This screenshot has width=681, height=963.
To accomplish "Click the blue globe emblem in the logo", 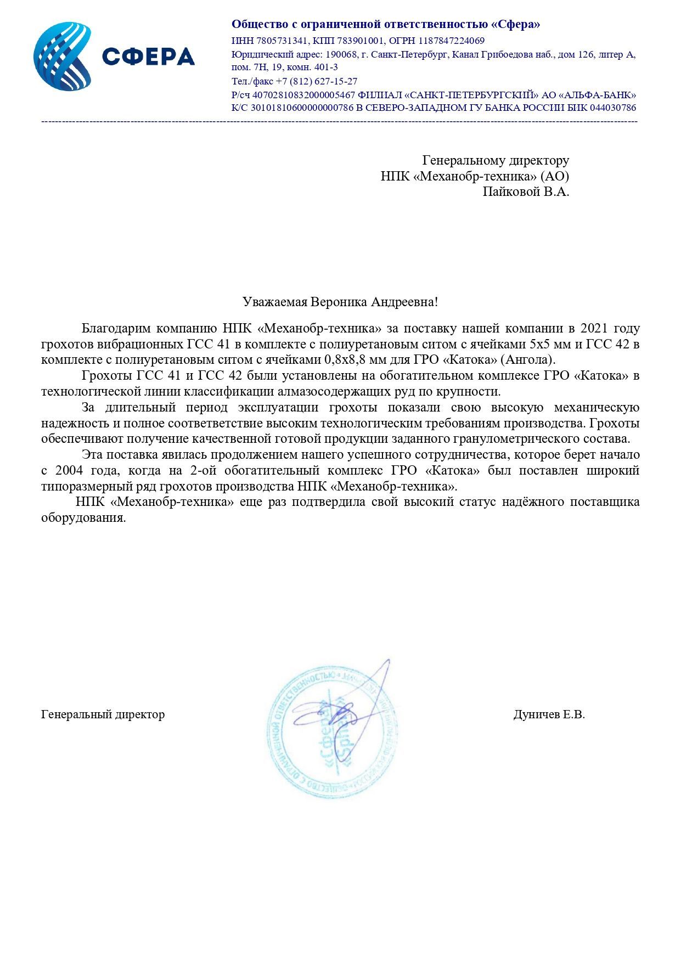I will (x=62, y=57).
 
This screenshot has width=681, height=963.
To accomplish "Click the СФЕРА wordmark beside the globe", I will (x=148, y=57).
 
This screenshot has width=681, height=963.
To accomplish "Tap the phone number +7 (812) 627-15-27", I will (x=317, y=81).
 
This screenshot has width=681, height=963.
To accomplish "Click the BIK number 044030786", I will (x=613, y=108).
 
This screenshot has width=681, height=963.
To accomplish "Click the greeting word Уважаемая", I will (x=275, y=302).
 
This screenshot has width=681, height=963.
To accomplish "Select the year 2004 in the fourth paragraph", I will (x=70, y=470).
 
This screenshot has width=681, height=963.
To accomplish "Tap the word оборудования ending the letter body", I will (x=83, y=518).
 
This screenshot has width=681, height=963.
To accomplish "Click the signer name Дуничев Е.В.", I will (x=549, y=714).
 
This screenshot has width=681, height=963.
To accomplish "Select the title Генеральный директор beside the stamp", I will (x=103, y=714).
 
